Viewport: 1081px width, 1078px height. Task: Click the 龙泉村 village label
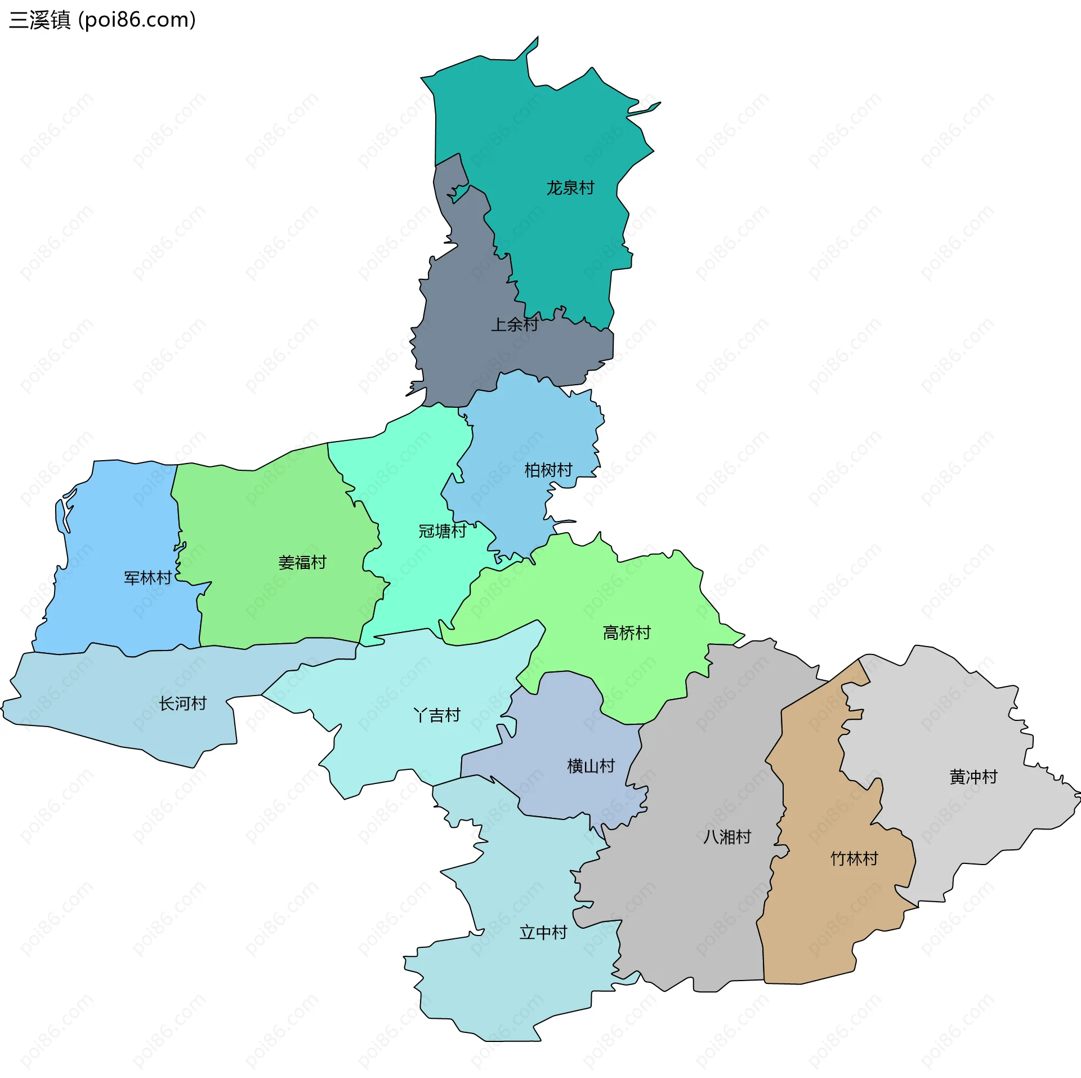pyautogui.click(x=570, y=188)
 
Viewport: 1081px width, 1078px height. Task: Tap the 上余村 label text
pyautogui.click(x=515, y=324)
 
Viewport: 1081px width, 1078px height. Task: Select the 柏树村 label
pyautogui.click(x=548, y=470)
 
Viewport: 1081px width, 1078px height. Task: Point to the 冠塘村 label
pyautogui.click(x=443, y=531)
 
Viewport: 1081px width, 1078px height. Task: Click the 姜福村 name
pyautogui.click(x=302, y=562)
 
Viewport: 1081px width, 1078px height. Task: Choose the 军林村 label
pyautogui.click(x=148, y=578)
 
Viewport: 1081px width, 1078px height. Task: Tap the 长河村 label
pyautogui.click(x=183, y=703)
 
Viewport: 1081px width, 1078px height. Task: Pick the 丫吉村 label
pyautogui.click(x=437, y=715)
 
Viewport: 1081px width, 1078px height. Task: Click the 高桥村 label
pyautogui.click(x=627, y=633)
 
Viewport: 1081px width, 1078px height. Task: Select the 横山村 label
pyautogui.click(x=591, y=766)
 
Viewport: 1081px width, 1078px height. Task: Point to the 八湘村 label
pyautogui.click(x=727, y=837)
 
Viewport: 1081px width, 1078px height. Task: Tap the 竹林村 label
pyautogui.click(x=855, y=859)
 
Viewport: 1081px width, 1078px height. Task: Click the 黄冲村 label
pyautogui.click(x=973, y=777)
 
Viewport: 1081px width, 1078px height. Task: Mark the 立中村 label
pyautogui.click(x=543, y=933)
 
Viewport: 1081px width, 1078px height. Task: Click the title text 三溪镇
pyautogui.click(x=39, y=20)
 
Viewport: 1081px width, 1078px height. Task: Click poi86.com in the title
pyautogui.click(x=137, y=20)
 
